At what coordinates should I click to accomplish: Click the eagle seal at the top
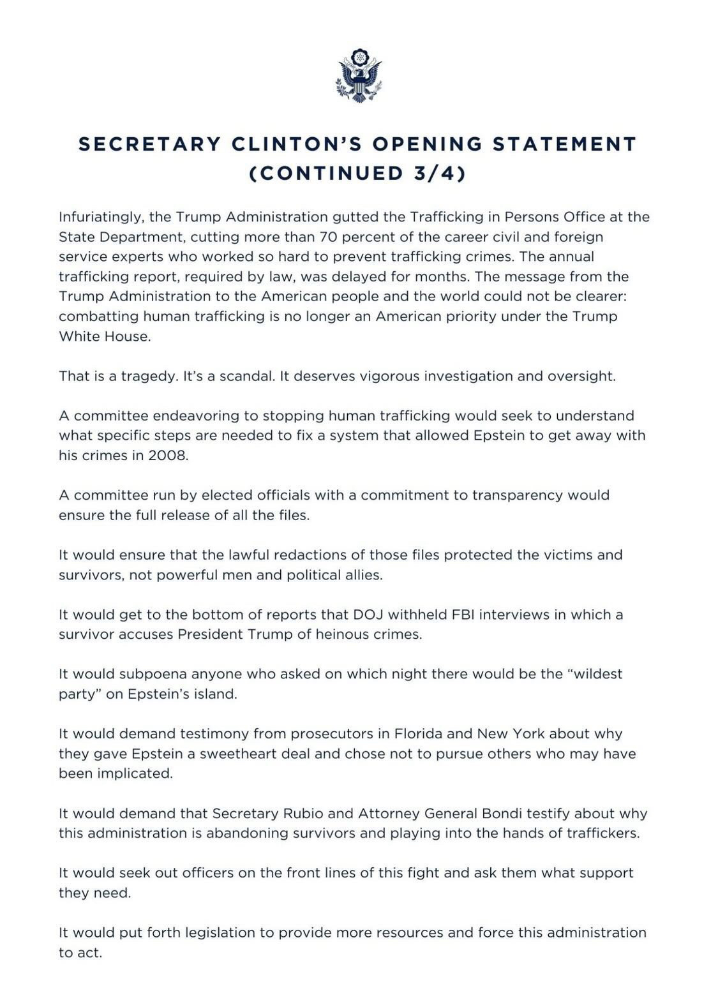click(x=359, y=75)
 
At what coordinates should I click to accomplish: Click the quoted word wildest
click(x=594, y=674)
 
